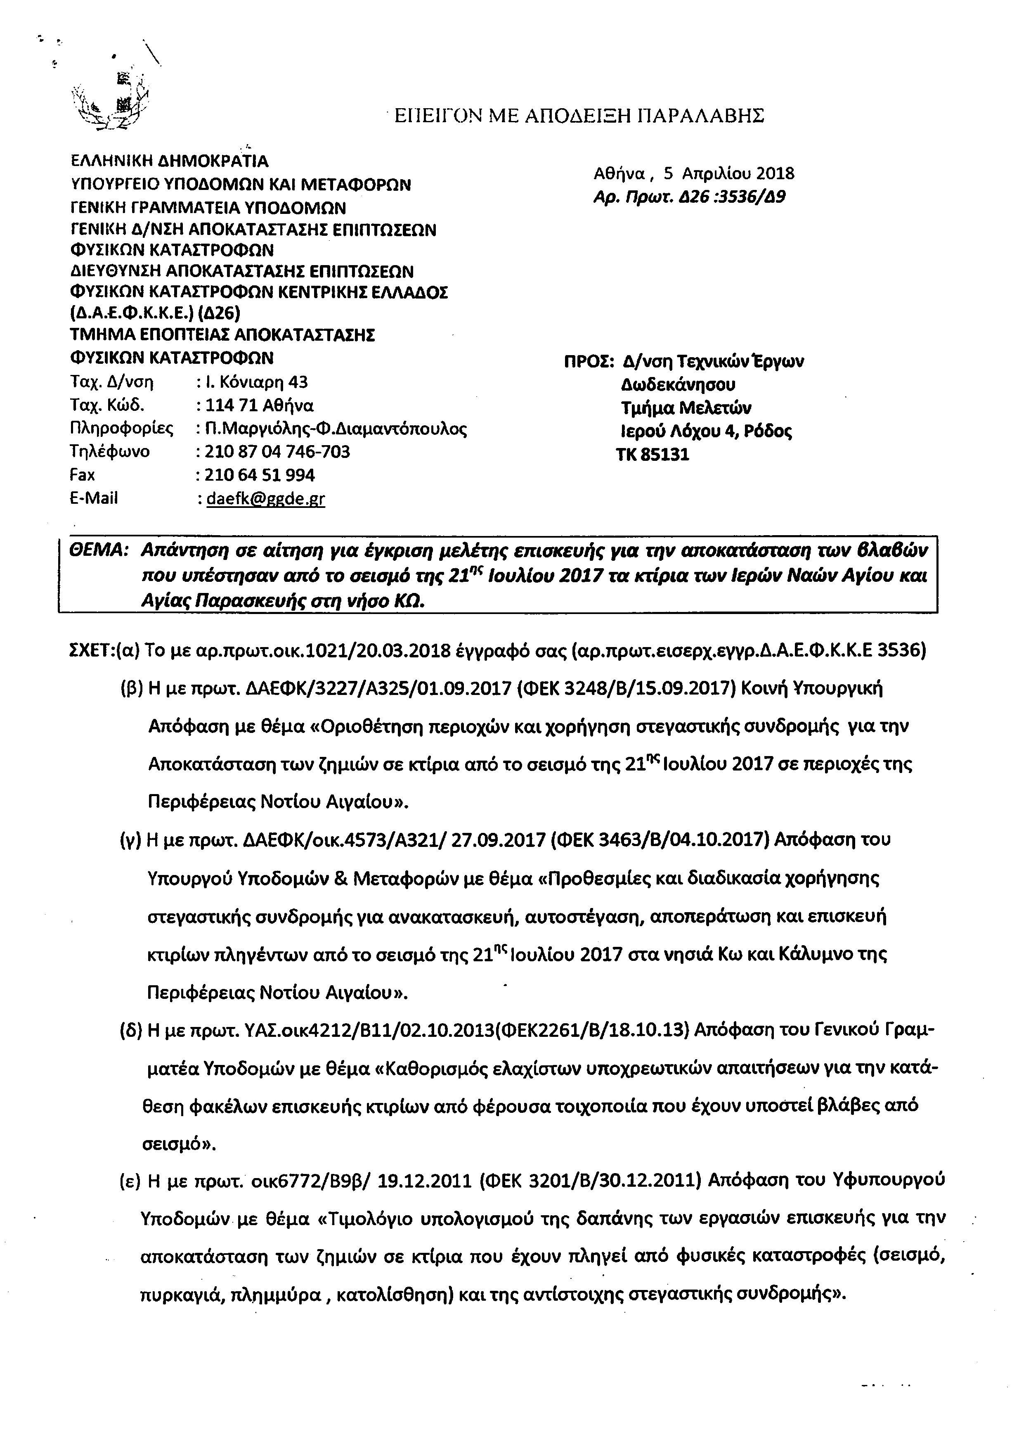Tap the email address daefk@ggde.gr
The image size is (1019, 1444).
click(x=265, y=499)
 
